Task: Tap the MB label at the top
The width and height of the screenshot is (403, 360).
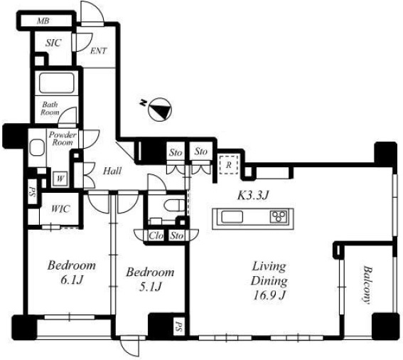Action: [x=43, y=21]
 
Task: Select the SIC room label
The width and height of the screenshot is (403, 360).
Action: [x=53, y=43]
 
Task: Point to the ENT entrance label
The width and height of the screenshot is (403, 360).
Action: [x=98, y=51]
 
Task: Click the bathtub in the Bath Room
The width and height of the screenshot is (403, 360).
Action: [x=57, y=83]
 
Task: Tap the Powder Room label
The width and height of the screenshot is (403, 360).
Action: [x=63, y=139]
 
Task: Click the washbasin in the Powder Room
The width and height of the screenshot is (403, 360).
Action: [x=37, y=147]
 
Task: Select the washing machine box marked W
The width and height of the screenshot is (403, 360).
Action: [x=60, y=179]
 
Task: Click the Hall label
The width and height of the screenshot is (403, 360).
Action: [x=112, y=171]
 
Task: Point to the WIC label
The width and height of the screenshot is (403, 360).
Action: [x=60, y=208]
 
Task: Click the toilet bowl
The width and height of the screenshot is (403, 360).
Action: [x=174, y=205]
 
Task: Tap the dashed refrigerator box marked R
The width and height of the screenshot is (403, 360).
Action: [x=229, y=164]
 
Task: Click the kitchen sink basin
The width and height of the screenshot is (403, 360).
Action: [x=232, y=217]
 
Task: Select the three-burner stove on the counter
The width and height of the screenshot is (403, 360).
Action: [x=279, y=217]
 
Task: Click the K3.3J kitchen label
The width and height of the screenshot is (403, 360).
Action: [x=252, y=196]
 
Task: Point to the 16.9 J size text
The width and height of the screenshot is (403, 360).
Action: [x=269, y=295]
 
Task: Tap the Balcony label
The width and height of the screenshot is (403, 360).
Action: [x=367, y=285]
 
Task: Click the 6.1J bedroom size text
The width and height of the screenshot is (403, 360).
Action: [x=72, y=280]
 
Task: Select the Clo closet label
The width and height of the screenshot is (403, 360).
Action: [x=156, y=235]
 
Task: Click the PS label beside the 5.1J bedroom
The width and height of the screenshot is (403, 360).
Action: [x=179, y=325]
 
